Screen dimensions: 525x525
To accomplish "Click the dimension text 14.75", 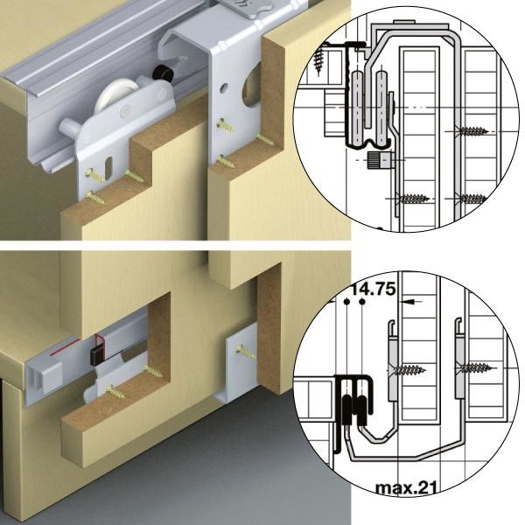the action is [374, 289].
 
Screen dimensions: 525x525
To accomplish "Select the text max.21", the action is [406, 488].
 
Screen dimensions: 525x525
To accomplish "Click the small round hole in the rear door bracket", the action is [222, 88].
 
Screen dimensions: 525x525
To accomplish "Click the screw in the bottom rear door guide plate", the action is [245, 352].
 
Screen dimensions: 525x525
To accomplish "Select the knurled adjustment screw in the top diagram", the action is [381, 160].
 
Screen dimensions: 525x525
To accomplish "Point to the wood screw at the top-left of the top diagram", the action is [318, 61].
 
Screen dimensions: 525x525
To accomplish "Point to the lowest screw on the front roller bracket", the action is [95, 197].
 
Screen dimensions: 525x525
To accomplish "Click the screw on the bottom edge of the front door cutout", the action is [116, 391].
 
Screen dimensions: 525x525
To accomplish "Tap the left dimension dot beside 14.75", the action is [346, 302].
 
